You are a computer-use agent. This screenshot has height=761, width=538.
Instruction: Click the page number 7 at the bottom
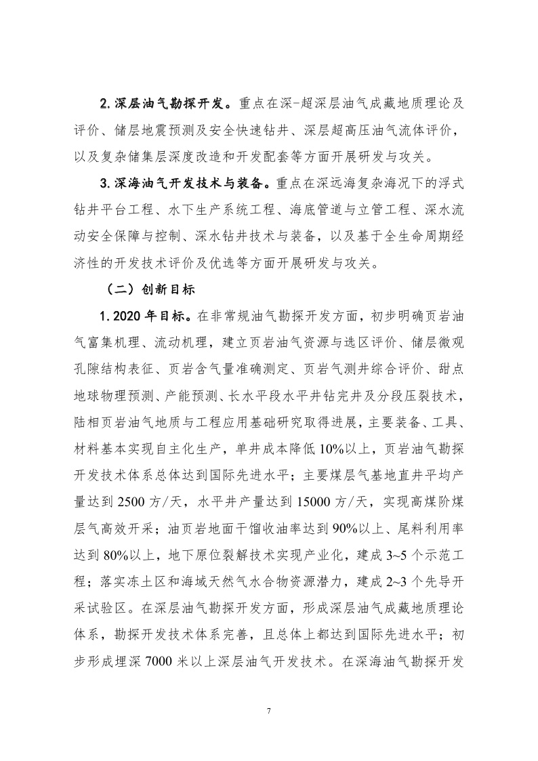(x=269, y=712)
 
